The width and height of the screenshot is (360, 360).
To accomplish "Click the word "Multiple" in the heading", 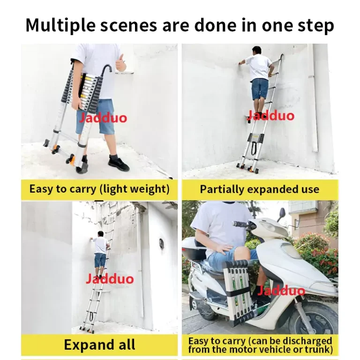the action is point(60,25).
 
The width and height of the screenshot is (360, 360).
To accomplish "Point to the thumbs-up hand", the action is point(120,62).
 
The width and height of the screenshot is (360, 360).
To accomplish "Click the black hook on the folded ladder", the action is point(106,69).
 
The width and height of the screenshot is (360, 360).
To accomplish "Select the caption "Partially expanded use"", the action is point(259,189).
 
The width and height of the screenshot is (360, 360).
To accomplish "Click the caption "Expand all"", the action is point(99,345).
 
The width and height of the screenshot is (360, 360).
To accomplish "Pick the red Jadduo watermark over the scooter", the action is point(281,290).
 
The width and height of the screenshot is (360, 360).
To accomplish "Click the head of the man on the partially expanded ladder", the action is point(257,50).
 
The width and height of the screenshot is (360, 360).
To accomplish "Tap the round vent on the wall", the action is point(161,244).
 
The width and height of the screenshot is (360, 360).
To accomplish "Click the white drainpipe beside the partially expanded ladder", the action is point(314,99).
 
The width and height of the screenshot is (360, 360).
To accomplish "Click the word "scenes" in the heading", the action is point(128,25).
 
